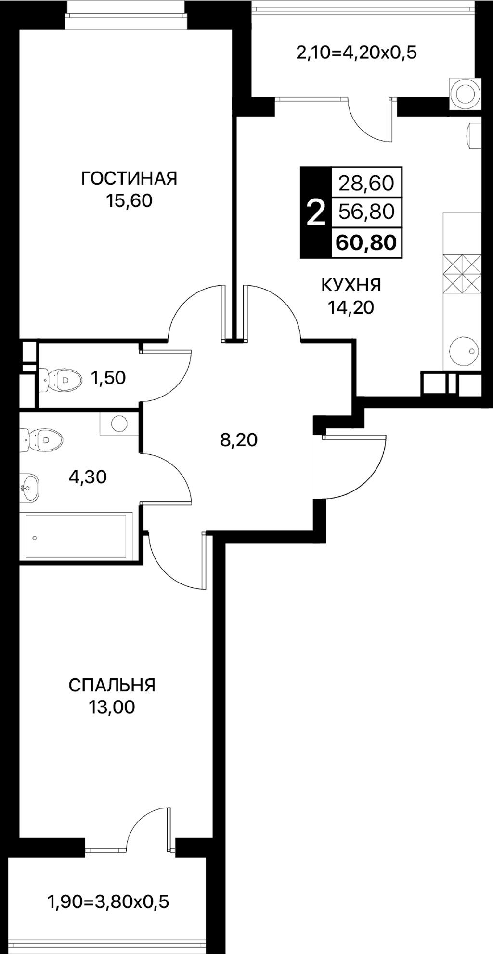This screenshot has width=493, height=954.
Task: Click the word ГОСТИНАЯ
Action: pos(129,178)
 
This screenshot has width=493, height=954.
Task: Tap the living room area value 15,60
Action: pos(129,200)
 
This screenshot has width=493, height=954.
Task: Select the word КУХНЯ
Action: pos(351,285)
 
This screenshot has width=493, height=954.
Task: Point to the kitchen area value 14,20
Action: pos(351,307)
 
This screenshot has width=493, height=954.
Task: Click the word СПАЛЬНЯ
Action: pos(112,685)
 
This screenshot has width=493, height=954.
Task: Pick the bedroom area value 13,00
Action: pos(112,707)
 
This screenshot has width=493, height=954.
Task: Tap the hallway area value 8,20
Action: pos(239,440)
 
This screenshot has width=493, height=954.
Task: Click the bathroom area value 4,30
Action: pos(88,477)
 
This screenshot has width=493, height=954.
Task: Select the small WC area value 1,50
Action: pos(108,378)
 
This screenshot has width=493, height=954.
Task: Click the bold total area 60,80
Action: pos(366,242)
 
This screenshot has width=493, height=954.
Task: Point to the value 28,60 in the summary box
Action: pos(366,183)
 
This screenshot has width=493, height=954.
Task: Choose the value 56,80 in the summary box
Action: pos(366,212)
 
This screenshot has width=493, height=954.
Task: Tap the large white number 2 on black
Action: pos(316,212)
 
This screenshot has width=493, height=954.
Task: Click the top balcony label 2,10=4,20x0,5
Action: pos(356,53)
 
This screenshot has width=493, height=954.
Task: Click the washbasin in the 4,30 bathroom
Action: pos(30,487)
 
